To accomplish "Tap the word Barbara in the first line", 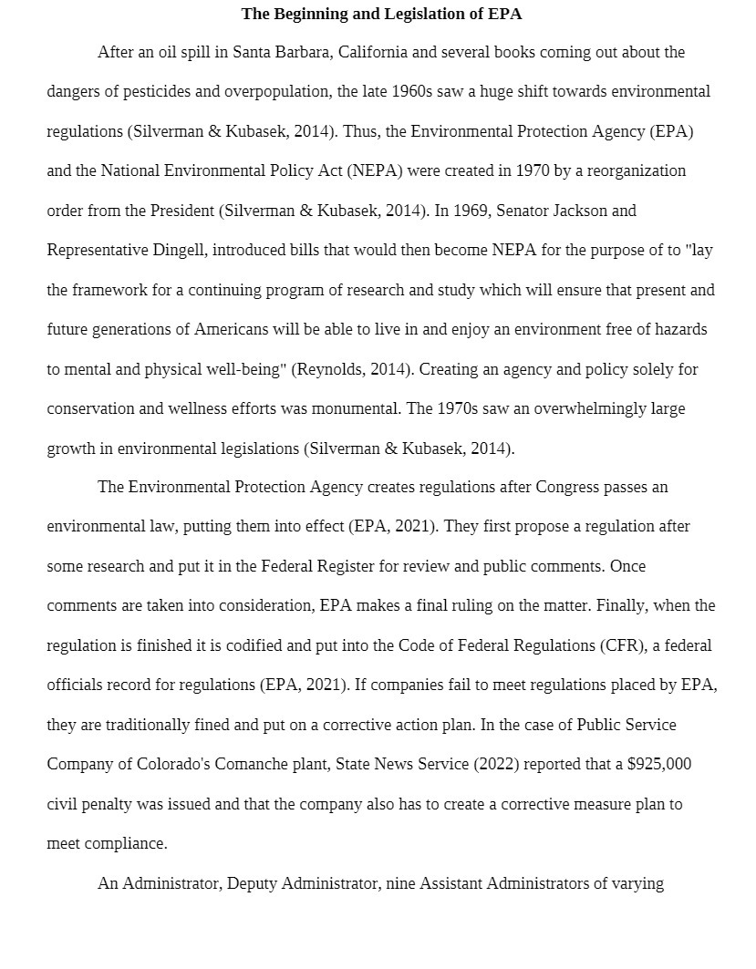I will click(306, 52).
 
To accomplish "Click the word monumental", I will click(356, 408).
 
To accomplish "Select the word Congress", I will click(567, 487).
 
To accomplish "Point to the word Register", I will click(345, 566).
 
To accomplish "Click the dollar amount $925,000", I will click(658, 764).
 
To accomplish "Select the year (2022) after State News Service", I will click(495, 764).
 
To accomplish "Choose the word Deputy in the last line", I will click(252, 883).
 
